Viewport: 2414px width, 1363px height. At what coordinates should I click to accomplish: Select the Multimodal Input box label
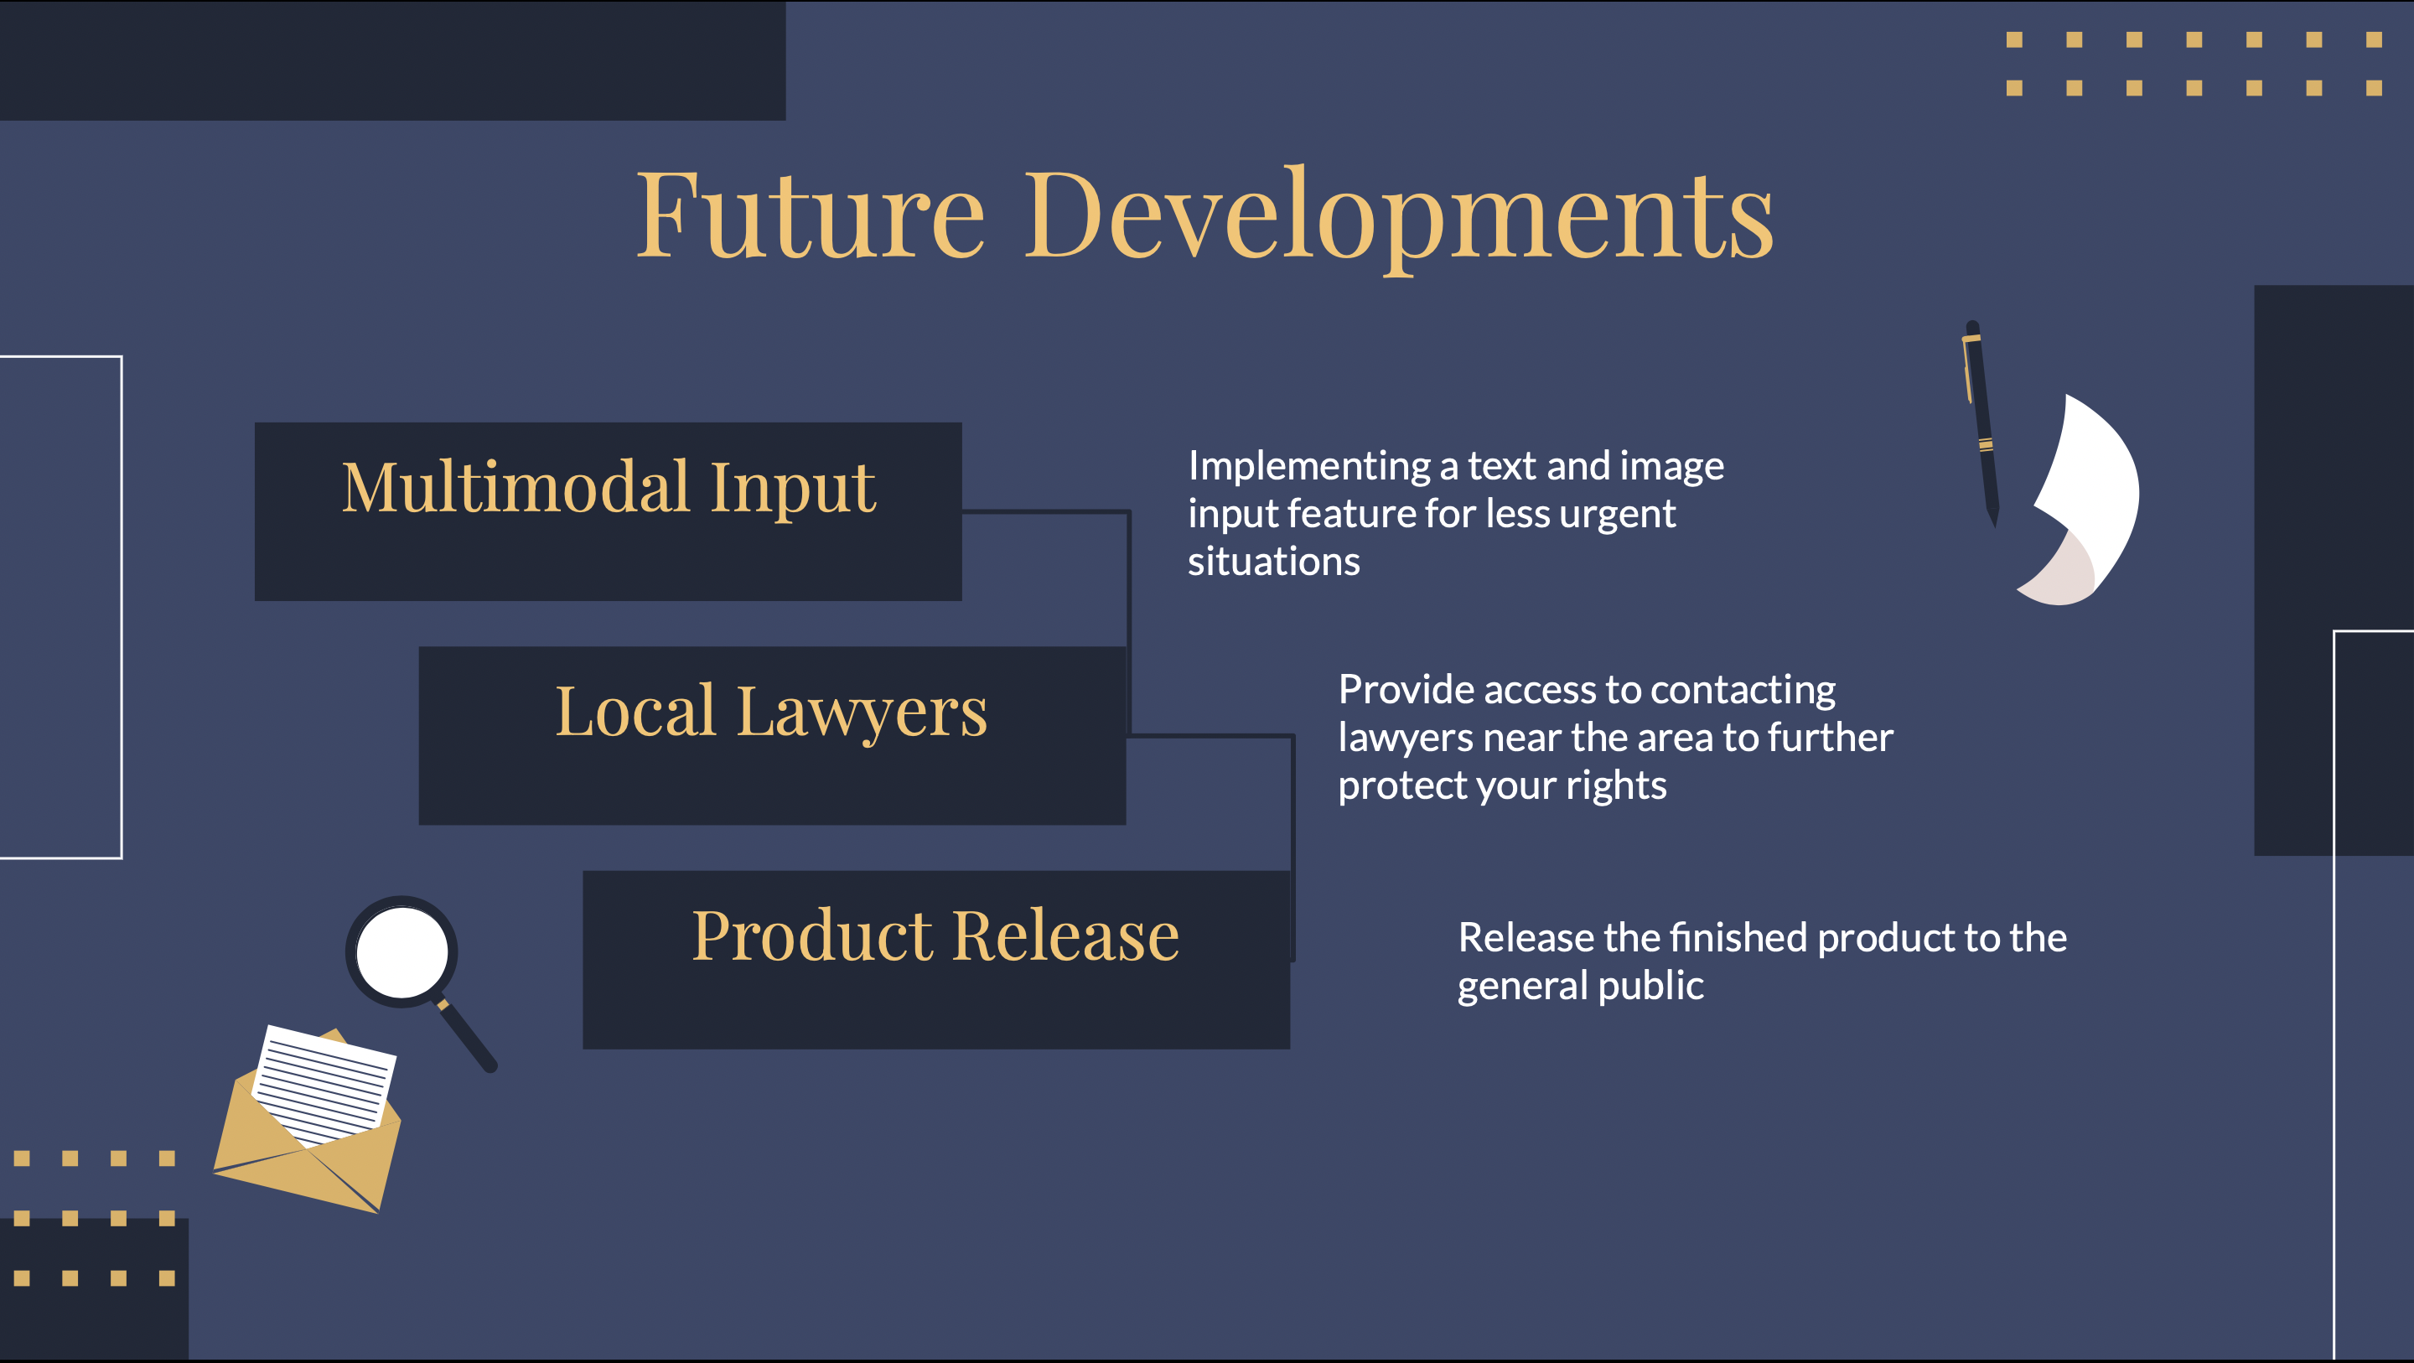click(609, 488)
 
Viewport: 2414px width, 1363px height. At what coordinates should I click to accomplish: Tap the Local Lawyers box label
click(771, 712)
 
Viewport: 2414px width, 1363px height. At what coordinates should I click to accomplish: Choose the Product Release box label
click(935, 935)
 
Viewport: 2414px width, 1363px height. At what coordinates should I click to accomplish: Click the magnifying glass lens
click(402, 951)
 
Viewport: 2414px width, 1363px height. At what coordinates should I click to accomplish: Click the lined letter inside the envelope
click(324, 1083)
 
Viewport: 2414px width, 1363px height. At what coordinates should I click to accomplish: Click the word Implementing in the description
click(1309, 466)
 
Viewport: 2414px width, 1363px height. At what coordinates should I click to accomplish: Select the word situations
click(1273, 562)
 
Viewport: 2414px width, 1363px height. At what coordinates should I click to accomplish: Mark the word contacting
click(1742, 690)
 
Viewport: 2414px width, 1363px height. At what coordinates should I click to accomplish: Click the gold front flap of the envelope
click(309, 1176)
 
